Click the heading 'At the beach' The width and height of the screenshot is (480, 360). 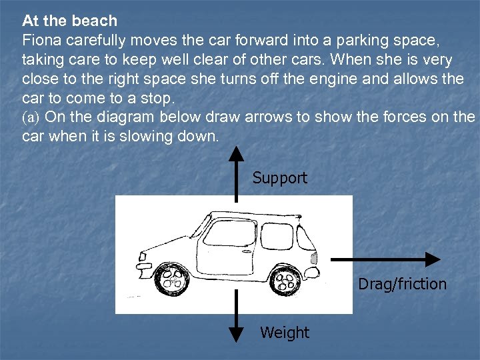pyautogui.click(x=69, y=21)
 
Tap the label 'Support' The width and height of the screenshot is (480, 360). pyautogui.click(x=280, y=178)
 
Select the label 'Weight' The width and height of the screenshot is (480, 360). pyautogui.click(x=285, y=332)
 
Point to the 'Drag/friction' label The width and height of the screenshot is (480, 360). pyautogui.click(x=402, y=284)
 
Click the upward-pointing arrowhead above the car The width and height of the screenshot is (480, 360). pyautogui.click(x=236, y=154)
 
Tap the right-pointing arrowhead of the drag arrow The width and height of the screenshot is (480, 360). pyautogui.click(x=433, y=259)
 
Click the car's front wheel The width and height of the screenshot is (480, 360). pyautogui.click(x=172, y=281)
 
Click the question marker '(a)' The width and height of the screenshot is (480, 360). pyautogui.click(x=31, y=117)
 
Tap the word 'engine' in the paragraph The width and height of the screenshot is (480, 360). pyautogui.click(x=364, y=79)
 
